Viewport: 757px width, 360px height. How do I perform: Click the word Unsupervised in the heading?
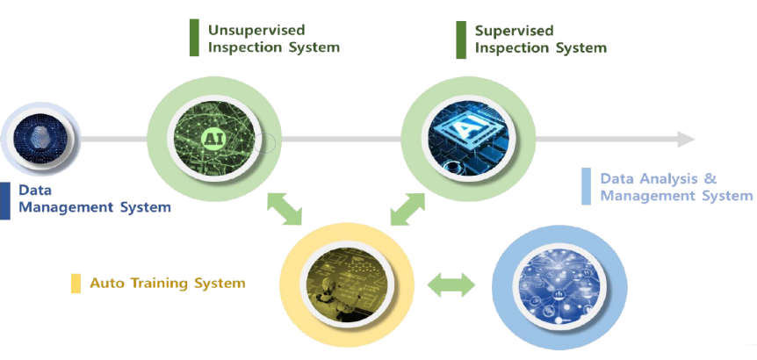[x=248, y=30]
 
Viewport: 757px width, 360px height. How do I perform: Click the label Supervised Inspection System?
[x=540, y=39]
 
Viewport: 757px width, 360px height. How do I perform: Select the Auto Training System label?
[x=167, y=283]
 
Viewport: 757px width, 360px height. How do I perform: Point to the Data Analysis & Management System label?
[x=675, y=187]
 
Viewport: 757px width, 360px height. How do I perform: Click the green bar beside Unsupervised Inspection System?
[x=194, y=38]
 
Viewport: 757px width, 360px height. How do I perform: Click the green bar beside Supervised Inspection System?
[x=461, y=39]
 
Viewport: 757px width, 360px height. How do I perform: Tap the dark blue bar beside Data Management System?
[x=4, y=199]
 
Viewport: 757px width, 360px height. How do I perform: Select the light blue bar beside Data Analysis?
[x=586, y=186]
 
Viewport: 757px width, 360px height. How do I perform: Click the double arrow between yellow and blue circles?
[x=450, y=284]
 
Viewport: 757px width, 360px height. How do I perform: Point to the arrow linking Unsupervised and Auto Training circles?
[x=284, y=208]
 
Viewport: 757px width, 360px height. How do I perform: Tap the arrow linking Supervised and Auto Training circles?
[x=407, y=209]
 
